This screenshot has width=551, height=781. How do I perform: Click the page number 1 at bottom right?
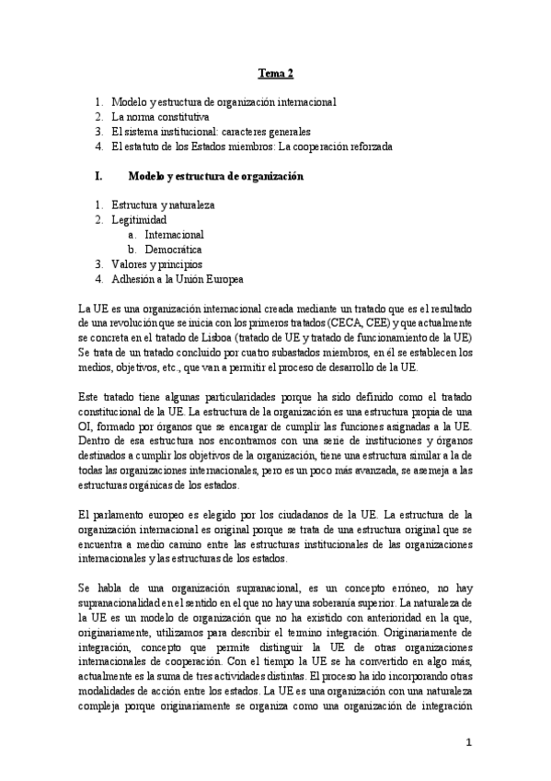tap(469, 741)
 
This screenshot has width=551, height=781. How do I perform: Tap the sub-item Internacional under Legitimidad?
tap(174, 235)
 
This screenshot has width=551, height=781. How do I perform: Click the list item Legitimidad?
tap(139, 220)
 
